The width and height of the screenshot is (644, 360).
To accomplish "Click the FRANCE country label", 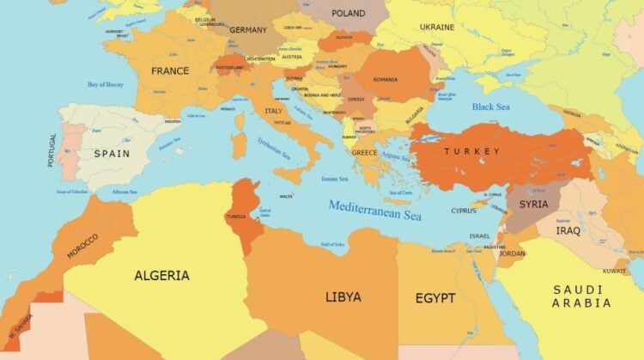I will pyautogui.click(x=170, y=71).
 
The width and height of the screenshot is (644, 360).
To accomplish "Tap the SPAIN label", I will pyautogui.click(x=112, y=154).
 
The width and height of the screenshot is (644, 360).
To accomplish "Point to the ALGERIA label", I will pyautogui.click(x=161, y=276).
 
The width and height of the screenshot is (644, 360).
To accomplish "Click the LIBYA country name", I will pyautogui.click(x=343, y=297).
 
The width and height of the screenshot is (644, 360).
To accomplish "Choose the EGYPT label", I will pyautogui.click(x=435, y=298).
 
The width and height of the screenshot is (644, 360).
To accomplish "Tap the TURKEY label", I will pyautogui.click(x=471, y=151).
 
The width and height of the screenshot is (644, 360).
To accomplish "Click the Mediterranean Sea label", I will pyautogui.click(x=375, y=209).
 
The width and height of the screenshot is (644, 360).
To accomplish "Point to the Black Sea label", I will pyautogui.click(x=492, y=107).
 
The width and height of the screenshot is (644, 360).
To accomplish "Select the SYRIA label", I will pyautogui.click(x=533, y=204).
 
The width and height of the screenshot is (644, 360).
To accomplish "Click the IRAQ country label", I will pyautogui.click(x=568, y=231).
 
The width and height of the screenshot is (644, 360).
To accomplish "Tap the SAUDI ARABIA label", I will pyautogui.click(x=582, y=296).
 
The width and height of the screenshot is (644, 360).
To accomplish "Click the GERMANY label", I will pyautogui.click(x=249, y=30).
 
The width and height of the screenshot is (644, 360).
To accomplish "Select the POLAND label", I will pyautogui.click(x=348, y=13).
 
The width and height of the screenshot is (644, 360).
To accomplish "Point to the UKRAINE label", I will pyautogui.click(x=437, y=27).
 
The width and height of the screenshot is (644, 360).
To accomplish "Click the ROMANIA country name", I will pyautogui.click(x=385, y=80).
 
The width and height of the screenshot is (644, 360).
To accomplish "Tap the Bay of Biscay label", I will pyautogui.click(x=106, y=85).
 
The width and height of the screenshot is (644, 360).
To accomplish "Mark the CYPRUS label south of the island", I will pyautogui.click(x=464, y=211).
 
